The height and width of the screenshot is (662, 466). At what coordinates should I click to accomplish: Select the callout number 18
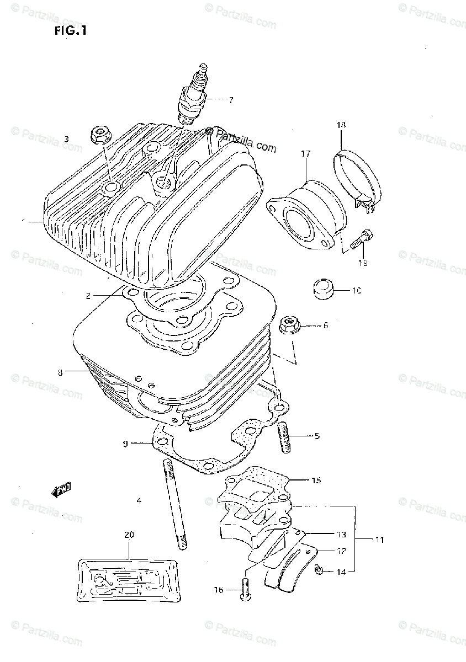click(x=341, y=126)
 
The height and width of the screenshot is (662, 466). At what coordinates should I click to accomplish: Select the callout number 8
click(x=60, y=372)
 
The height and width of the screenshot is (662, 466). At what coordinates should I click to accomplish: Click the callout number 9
click(x=126, y=443)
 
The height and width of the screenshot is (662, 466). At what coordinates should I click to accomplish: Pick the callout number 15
click(x=315, y=481)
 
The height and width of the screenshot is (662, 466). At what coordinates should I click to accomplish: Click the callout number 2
click(x=88, y=296)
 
